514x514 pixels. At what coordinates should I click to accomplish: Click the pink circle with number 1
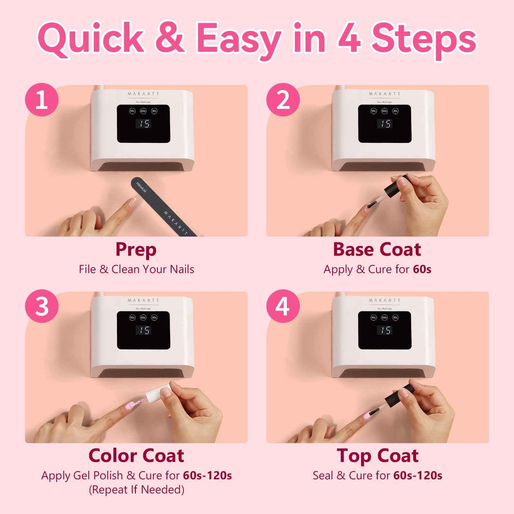coord(42,100)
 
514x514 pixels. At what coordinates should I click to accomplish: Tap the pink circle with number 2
coord(283,100)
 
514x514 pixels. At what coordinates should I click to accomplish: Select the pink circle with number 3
coord(42,306)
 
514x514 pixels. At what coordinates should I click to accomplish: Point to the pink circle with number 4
coord(283,306)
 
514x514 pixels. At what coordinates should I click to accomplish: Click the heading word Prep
coord(136,250)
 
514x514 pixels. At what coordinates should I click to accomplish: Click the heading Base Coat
coord(377,249)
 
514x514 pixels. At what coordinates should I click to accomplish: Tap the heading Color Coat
coord(136,456)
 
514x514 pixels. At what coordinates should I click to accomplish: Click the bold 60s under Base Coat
coord(422,269)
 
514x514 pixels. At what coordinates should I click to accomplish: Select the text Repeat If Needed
coord(137,490)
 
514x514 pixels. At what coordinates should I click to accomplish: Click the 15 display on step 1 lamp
coord(144,124)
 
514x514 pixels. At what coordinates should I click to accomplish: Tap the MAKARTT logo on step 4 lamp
coord(385,300)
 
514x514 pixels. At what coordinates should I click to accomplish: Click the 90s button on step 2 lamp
coord(373,111)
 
